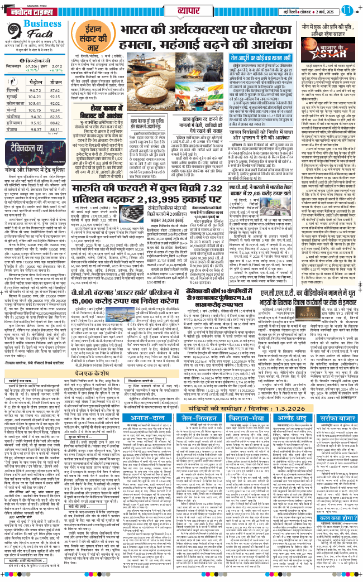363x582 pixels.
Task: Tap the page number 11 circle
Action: [347, 9]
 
